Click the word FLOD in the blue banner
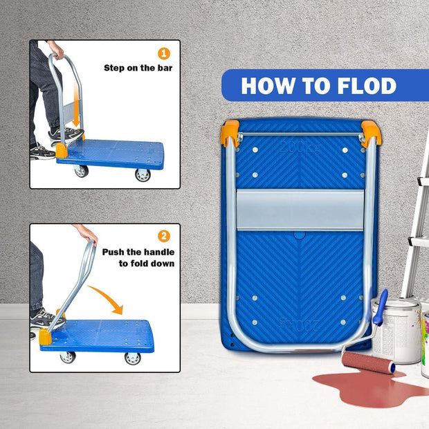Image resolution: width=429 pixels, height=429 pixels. tap(367, 86)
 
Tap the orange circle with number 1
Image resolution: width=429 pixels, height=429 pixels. tap(164, 54)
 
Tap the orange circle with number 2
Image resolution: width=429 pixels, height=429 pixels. tap(164, 236)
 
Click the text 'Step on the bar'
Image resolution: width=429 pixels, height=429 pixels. tap(138, 68)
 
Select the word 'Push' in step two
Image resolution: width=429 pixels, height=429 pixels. tap(113, 252)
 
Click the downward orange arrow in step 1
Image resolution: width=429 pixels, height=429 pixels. tap(76, 105)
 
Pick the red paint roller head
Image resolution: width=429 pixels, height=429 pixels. tap(368, 363)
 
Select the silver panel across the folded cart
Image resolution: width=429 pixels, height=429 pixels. tap(300, 210)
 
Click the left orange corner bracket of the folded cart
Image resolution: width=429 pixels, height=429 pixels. tap(229, 133)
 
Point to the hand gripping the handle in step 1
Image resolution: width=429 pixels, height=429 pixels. tap(56, 49)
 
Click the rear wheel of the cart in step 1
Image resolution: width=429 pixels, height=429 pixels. tap(82, 171)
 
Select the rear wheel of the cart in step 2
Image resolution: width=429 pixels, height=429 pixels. tap(68, 357)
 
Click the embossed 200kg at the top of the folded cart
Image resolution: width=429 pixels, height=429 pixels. tap(300, 147)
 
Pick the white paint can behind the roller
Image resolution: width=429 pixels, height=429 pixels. tap(396, 331)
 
